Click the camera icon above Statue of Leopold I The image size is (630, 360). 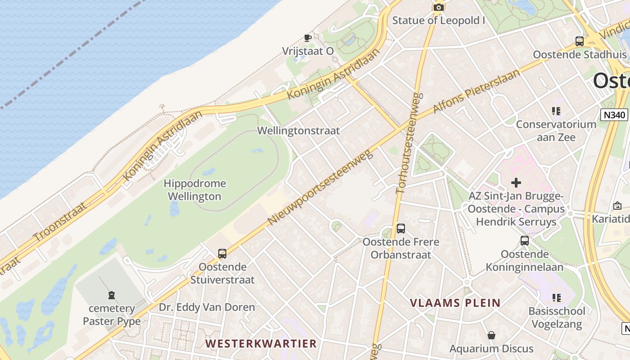[438, 7]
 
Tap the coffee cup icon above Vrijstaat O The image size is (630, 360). [308, 38]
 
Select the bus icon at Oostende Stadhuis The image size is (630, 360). [580, 41]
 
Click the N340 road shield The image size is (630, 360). [614, 115]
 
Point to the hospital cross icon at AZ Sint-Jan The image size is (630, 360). [516, 183]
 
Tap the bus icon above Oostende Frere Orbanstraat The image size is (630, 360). [401, 229]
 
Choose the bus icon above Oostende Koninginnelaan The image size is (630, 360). [525, 241]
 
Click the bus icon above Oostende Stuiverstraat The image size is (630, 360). [222, 254]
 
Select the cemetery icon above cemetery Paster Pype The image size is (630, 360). [111, 296]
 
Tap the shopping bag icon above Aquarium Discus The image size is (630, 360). [491, 336]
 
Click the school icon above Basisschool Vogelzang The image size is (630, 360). [557, 298]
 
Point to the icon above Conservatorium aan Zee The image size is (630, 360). [556, 111]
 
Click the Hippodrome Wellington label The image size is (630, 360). [194, 190]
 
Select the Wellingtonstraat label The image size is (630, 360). [298, 130]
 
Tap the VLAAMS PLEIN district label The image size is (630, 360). [455, 303]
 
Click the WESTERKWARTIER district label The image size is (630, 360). [261, 344]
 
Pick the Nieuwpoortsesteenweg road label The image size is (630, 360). [321, 187]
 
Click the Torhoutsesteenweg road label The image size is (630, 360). [408, 143]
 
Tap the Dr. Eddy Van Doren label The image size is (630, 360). [207, 307]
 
